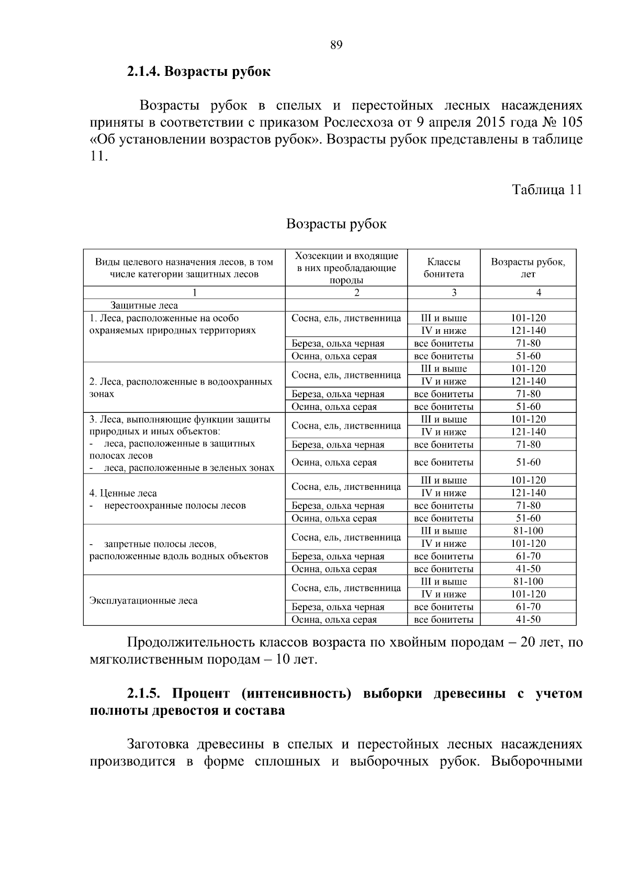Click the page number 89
[x=336, y=45]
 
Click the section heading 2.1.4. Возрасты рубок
[x=198, y=72]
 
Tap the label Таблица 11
[x=546, y=189]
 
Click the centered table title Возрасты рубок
[x=336, y=224]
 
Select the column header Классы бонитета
[x=443, y=268]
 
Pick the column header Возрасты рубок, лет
[x=528, y=268]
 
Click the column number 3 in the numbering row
[x=454, y=293]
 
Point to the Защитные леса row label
[x=144, y=306]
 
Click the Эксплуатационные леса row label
[x=143, y=601]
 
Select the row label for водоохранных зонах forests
[x=181, y=388]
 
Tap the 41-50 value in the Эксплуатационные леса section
[x=528, y=620]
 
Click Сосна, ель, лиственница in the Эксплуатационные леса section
[x=346, y=588]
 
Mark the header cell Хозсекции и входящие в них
[x=346, y=262]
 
